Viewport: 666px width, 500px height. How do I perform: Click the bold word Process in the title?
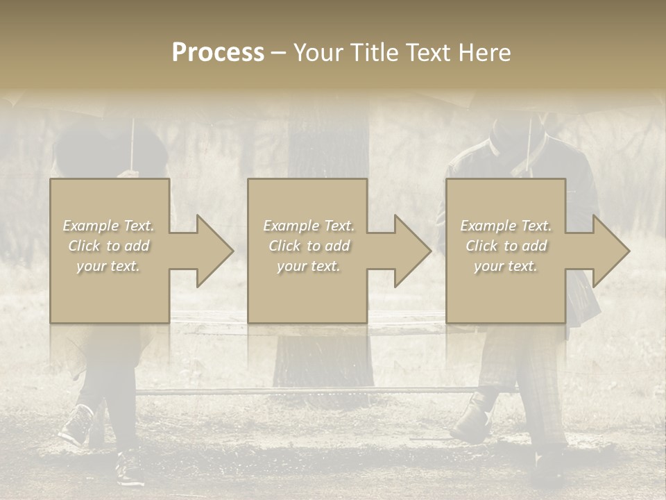tap(218, 53)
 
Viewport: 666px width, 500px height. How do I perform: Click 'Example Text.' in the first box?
tap(109, 226)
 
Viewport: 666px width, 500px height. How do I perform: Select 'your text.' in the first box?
tap(109, 266)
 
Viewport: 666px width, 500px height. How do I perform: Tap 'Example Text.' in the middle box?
tap(308, 226)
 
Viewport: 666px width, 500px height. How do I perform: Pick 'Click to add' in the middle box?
tap(308, 246)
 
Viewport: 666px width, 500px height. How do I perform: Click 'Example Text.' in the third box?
tap(506, 226)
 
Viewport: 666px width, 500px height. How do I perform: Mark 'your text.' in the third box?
tap(506, 266)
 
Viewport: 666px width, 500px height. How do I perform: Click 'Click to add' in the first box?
tap(109, 246)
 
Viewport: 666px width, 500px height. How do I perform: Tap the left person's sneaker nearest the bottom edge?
tap(129, 468)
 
